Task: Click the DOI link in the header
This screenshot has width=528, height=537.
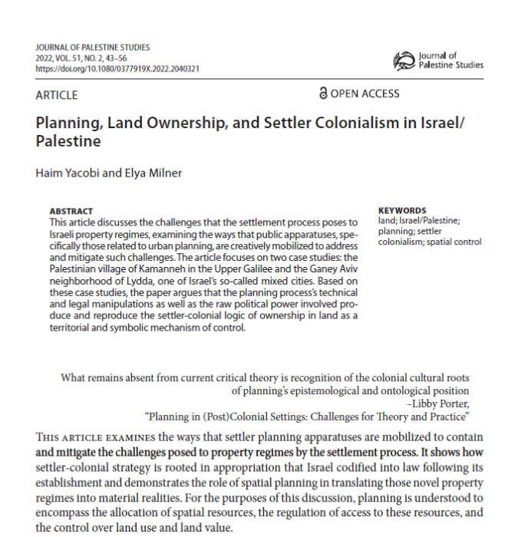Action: pyautogui.click(x=117, y=68)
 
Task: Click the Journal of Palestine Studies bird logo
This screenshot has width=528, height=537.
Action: pyautogui.click(x=404, y=60)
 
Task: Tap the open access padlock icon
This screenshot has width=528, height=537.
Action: pyautogui.click(x=323, y=94)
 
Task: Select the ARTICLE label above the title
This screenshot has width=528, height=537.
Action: pyautogui.click(x=57, y=95)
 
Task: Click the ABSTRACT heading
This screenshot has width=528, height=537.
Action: pyautogui.click(x=71, y=210)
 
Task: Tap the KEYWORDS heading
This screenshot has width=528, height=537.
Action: pyautogui.click(x=403, y=210)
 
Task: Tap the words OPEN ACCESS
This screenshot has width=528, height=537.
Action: pyautogui.click(x=365, y=94)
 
